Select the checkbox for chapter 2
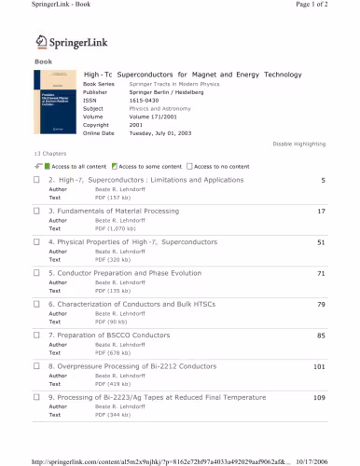(x=36, y=180)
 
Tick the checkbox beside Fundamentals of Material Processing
(x=36, y=212)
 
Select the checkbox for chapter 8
(x=36, y=366)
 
